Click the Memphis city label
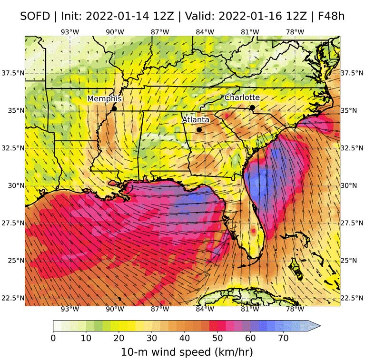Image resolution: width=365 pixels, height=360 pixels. point(104,99)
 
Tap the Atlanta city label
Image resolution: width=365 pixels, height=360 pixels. point(196,120)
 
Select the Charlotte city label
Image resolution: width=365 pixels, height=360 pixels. point(242,97)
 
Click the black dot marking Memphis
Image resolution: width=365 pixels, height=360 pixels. point(114,108)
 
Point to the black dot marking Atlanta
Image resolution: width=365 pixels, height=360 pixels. point(199,129)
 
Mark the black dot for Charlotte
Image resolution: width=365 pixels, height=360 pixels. point(252,107)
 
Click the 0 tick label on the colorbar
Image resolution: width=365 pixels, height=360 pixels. point(53,338)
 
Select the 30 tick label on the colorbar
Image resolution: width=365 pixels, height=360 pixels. point(152,338)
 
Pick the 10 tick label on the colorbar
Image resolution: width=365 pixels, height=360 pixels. point(86,338)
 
